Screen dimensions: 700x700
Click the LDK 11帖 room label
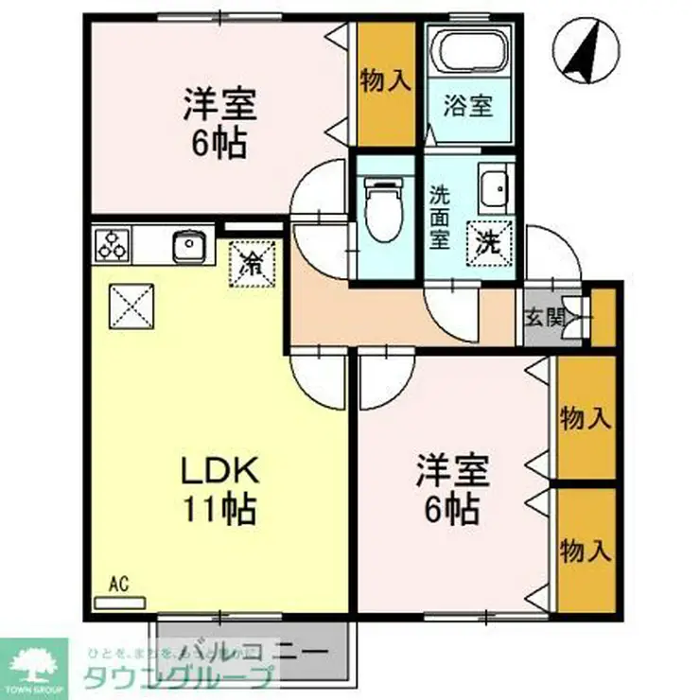tap(219, 490)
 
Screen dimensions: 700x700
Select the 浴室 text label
tap(469, 105)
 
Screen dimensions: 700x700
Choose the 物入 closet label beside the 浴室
tap(386, 81)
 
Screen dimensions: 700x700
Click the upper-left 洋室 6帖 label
tap(219, 121)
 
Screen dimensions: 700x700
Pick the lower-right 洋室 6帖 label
tap(450, 488)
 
